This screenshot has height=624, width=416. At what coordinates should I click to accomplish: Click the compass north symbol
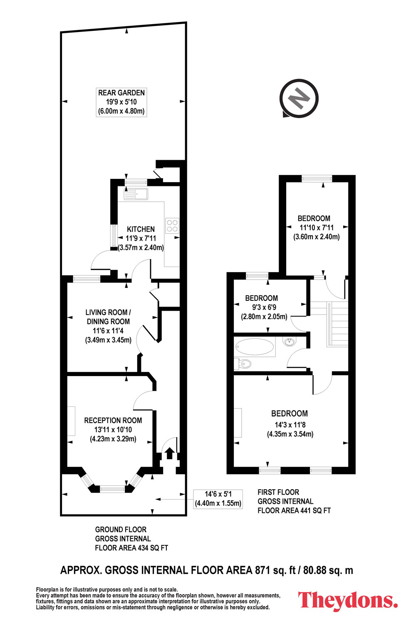tap(299, 98)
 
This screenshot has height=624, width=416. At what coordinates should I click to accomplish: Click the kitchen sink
tap(136, 194)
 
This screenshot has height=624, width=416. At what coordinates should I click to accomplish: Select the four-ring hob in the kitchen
tap(172, 225)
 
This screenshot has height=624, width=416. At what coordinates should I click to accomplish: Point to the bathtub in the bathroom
tap(255, 347)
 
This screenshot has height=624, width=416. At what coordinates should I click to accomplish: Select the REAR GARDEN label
tap(121, 93)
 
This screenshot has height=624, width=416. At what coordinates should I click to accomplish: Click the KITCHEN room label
tap(141, 229)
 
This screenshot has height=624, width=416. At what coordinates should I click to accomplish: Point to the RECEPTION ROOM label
tap(113, 420)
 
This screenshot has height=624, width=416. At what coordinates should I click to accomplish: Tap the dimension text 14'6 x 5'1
tap(218, 494)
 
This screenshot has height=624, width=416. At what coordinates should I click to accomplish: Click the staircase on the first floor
tap(329, 324)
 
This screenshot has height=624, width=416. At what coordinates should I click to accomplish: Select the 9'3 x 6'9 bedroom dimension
tap(264, 307)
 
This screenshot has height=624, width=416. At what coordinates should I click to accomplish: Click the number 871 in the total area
tap(262, 570)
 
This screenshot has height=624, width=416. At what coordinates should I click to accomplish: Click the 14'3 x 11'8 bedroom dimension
tap(290, 425)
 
